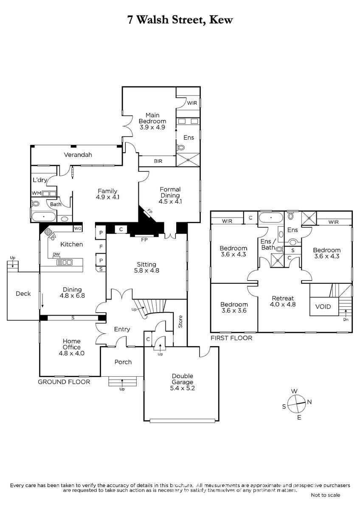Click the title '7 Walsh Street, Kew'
180,20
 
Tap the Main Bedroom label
152,118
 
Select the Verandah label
78,155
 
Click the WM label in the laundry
37,193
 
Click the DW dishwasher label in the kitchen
56,254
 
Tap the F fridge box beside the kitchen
101,246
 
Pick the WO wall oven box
78,228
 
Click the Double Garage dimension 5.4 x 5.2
183,388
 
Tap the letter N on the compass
309,408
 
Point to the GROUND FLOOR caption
64,382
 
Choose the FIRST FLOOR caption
231,338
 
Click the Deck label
23,294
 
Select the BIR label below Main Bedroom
158,161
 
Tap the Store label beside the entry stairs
180,322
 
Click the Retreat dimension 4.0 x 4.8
283,304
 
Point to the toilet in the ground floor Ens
180,148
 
